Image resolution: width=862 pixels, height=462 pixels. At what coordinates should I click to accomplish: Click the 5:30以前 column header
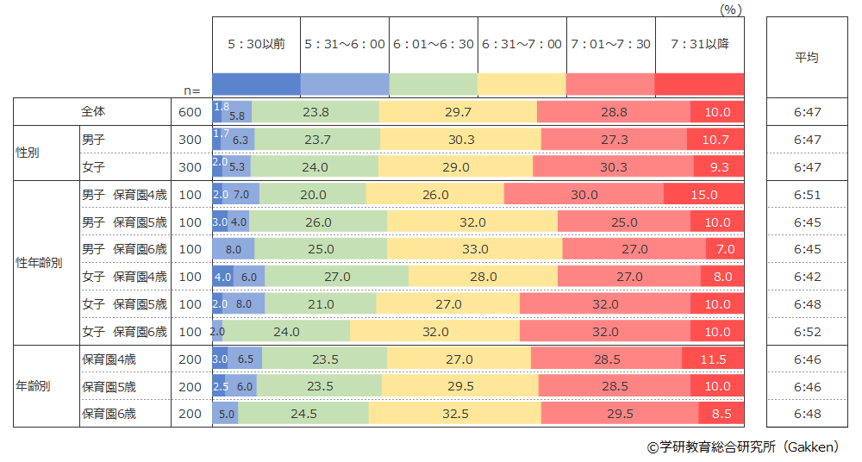[x=257, y=44]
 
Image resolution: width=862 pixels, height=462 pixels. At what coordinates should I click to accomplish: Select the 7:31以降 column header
[x=699, y=44]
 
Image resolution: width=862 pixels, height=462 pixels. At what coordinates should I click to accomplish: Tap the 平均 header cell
[x=806, y=58]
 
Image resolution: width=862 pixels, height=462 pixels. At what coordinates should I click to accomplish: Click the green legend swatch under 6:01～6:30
[x=434, y=84]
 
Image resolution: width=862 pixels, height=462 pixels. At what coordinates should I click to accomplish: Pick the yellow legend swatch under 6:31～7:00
[x=522, y=84]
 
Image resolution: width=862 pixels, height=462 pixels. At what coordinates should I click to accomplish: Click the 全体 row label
[x=92, y=112]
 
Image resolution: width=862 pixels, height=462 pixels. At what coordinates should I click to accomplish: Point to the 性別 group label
[x=28, y=153]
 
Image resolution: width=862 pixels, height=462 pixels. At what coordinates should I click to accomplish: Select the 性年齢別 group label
[x=39, y=263]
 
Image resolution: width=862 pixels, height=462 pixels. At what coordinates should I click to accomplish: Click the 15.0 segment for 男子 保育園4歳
[x=703, y=195]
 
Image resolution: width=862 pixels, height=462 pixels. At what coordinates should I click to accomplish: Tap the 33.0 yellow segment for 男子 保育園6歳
[x=474, y=249]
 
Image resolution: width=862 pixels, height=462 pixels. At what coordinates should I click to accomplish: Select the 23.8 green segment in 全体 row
[x=315, y=112]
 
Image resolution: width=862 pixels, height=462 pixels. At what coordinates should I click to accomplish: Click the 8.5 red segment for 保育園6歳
[x=721, y=414]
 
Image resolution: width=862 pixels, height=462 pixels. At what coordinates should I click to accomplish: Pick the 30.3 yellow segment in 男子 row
[x=461, y=140]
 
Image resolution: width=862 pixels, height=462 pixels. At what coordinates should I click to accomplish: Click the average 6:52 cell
[x=806, y=332]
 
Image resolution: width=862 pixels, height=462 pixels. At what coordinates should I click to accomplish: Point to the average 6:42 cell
[x=806, y=277]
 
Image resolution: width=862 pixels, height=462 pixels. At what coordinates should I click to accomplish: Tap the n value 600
[x=190, y=112]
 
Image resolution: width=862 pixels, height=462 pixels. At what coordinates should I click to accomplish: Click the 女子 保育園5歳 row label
[x=124, y=304]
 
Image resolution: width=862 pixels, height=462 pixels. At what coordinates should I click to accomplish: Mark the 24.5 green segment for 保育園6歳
[x=303, y=414]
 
